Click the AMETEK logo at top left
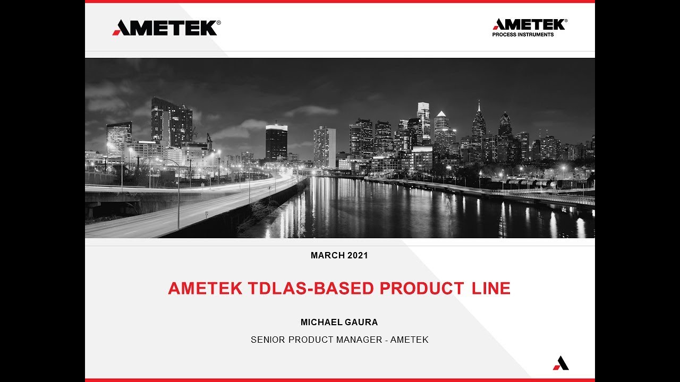point(166,28)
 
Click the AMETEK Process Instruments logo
point(529,28)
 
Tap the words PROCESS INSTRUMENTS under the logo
point(523,35)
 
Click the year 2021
point(358,255)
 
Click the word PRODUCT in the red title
point(421,288)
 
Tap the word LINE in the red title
point(491,288)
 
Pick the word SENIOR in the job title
point(268,340)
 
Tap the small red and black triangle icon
point(560,363)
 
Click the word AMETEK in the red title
point(205,288)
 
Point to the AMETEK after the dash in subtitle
point(409,340)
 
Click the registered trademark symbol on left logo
point(219,23)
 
